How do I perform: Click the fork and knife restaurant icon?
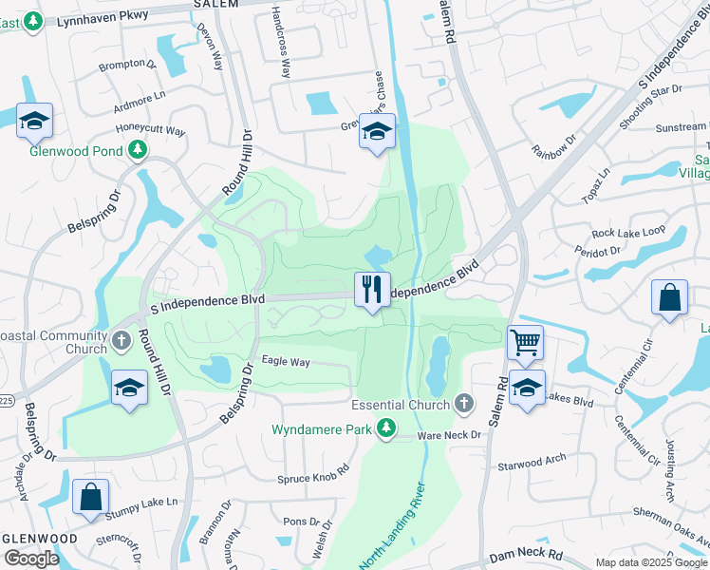pos(372,289)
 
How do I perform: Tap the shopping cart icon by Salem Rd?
pos(524,341)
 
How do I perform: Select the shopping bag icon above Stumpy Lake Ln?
pos(90,497)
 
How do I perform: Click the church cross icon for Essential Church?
pos(463,405)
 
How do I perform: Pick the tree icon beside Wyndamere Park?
pos(385,429)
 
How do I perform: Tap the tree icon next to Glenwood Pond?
pos(138,149)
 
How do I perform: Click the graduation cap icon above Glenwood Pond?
pos(34,121)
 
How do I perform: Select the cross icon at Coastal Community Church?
pos(121,340)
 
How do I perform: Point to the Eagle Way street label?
pos(286,362)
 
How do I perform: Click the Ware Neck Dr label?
pos(451,435)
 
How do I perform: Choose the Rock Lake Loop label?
pos(628,233)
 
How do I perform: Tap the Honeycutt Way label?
pos(150,131)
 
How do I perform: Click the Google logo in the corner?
pos(31,559)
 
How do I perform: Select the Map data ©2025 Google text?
pos(650,562)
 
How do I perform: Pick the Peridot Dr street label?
pos(596,251)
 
